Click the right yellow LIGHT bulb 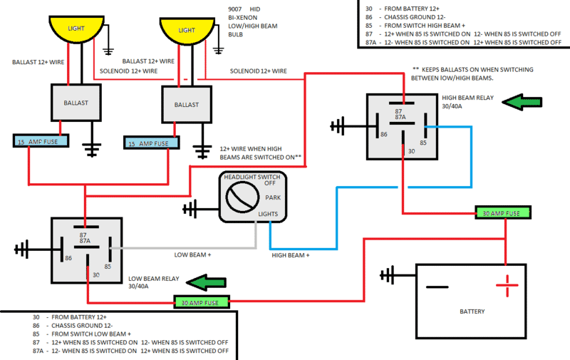click(187, 31)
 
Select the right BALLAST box click(187, 105)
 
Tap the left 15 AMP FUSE click(40, 140)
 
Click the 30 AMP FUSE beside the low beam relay click(202, 302)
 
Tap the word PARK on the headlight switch click(273, 197)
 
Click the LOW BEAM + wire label click(192, 254)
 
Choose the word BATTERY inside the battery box click(472, 312)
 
